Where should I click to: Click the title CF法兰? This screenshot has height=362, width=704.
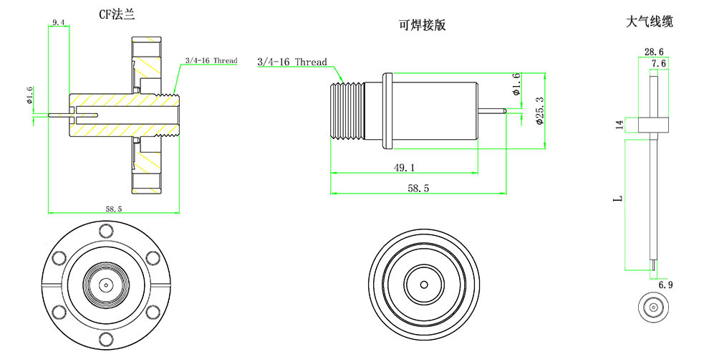coord(115,14)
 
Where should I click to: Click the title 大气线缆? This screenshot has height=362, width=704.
coord(649,22)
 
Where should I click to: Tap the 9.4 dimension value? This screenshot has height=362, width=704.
coord(59,24)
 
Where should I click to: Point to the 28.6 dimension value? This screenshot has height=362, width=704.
coord(653,52)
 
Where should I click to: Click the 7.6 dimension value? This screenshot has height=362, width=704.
coord(659,64)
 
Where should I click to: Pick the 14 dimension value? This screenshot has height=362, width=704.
coord(620,124)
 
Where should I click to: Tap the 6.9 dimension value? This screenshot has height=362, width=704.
coord(665,285)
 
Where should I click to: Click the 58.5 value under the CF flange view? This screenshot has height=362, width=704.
coord(114,209)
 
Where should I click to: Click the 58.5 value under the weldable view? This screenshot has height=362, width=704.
coord(419,188)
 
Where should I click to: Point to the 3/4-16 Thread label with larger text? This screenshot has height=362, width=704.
coord(291,62)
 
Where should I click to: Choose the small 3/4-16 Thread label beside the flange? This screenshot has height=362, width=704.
coord(211,61)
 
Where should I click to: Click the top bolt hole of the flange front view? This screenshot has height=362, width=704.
coord(106,230)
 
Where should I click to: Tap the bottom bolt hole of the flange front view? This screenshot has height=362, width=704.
coord(106,340)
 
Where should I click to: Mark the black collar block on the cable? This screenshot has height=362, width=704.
coord(653,125)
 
